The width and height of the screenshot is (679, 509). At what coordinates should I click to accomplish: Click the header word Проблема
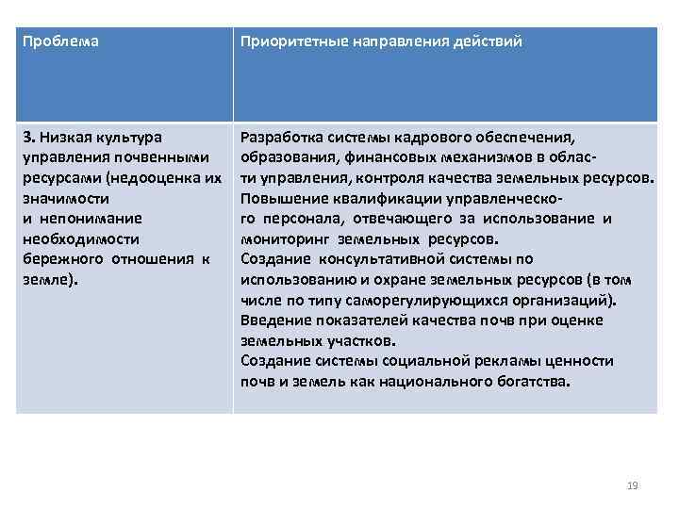(60, 42)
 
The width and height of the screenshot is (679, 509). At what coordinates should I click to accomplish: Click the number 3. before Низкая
(27, 138)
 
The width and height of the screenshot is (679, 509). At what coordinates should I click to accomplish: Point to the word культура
(127, 138)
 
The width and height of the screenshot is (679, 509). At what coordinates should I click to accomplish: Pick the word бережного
(60, 259)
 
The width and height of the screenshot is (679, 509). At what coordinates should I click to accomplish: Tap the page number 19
(633, 485)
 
